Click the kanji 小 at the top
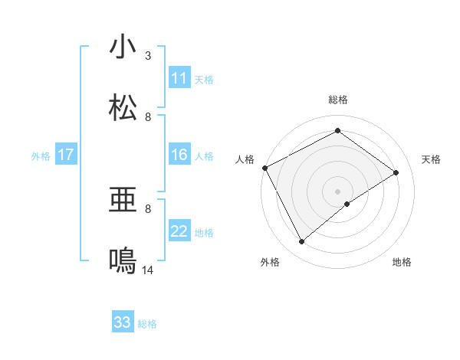[x=123, y=47]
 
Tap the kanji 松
[x=123, y=108]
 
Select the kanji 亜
[x=123, y=200]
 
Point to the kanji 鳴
[x=123, y=261]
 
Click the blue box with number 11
[x=179, y=78]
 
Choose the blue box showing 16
[x=179, y=155]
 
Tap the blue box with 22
[x=179, y=231]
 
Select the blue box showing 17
[x=65, y=155]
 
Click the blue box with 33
[x=123, y=322]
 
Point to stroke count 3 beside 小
[x=148, y=56]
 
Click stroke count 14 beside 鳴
[x=148, y=270]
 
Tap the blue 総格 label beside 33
[x=147, y=324]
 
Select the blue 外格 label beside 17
[x=41, y=155]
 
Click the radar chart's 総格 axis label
[x=337, y=100]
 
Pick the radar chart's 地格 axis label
[x=402, y=262]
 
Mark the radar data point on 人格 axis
[x=264, y=168]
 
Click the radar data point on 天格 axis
[x=396, y=172]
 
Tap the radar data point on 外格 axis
[x=301, y=242]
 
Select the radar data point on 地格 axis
[x=347, y=204]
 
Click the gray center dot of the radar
[x=337, y=191]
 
